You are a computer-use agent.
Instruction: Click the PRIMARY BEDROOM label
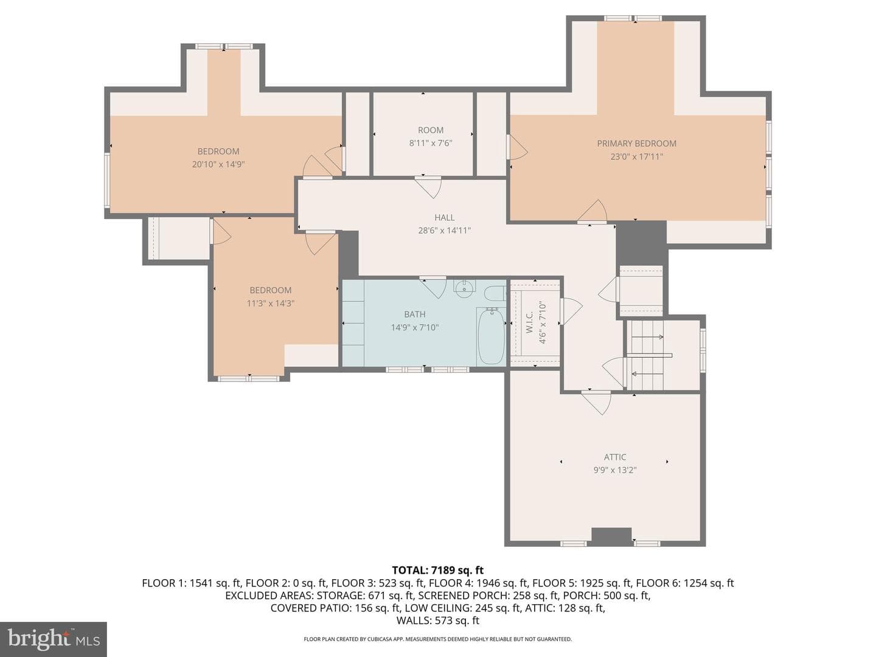(636, 144)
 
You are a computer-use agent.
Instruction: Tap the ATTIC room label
(614, 457)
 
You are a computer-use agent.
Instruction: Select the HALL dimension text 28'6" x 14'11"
(444, 231)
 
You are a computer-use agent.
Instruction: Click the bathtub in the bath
(491, 336)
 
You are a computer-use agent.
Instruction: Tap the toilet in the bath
(495, 294)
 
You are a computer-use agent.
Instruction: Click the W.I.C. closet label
(529, 322)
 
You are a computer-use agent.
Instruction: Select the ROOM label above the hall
(430, 130)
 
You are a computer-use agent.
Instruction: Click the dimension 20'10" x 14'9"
(218, 164)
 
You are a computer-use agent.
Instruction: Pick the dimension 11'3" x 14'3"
(270, 304)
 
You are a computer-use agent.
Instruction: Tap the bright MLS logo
(53, 639)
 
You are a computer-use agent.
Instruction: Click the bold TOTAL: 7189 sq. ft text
(438, 570)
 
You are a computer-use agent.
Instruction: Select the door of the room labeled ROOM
(428, 187)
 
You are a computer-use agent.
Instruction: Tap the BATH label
(415, 315)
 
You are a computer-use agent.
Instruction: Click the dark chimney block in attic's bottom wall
(611, 536)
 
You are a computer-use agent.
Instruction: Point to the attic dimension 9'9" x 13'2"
(614, 470)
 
